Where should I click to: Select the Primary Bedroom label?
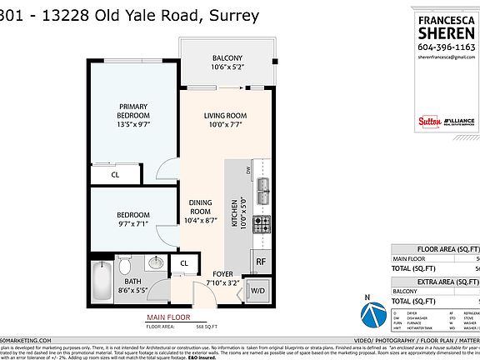click(133, 112)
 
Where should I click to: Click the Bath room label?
click(132, 287)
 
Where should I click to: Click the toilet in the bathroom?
click(123, 267)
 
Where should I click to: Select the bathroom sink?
click(154, 263)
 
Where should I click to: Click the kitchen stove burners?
click(262, 223)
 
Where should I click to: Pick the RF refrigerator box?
click(260, 262)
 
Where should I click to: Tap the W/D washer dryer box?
click(258, 291)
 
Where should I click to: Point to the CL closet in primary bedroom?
click(116, 175)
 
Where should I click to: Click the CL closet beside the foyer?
click(182, 265)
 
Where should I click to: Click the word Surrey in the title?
click(231, 15)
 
